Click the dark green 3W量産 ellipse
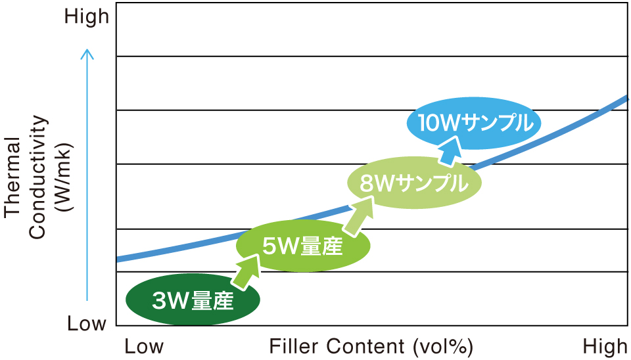(x=193, y=300)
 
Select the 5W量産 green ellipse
(x=302, y=246)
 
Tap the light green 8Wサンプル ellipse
(x=414, y=183)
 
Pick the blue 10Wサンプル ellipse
(x=474, y=123)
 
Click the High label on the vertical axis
(x=87, y=17)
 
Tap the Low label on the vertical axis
(x=87, y=323)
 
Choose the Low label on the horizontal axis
(x=144, y=346)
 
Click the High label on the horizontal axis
(x=605, y=346)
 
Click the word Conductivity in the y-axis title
(x=37, y=177)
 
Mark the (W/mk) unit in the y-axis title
(x=64, y=177)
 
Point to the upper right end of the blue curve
(x=627, y=97)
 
